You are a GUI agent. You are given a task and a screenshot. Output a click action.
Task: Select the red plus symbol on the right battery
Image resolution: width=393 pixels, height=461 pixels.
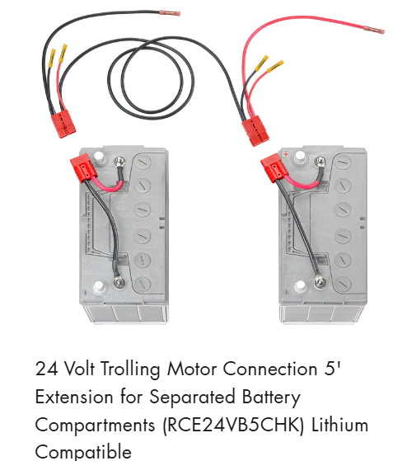286,153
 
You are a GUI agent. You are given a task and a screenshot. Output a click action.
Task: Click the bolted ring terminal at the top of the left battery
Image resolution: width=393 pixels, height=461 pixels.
119,161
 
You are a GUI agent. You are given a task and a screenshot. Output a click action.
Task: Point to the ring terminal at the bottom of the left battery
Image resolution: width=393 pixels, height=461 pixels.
119,282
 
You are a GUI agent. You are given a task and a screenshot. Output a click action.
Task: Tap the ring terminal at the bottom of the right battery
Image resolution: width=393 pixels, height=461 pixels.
320,282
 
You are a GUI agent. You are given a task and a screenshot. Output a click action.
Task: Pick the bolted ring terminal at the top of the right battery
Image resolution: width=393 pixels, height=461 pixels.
320,161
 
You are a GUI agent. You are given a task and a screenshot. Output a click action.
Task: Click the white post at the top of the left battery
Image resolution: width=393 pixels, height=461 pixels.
98,156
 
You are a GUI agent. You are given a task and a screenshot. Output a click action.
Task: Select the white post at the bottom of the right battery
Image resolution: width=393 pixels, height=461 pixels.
300,286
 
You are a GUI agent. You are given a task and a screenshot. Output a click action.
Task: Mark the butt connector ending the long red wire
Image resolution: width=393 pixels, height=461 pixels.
374,30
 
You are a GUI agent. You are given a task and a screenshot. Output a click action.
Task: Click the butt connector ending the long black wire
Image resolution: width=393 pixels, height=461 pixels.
170,13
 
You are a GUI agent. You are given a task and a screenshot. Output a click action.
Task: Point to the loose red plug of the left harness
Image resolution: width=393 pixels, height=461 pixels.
63,124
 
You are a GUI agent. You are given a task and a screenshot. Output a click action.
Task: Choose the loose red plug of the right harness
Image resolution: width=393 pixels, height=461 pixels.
255,130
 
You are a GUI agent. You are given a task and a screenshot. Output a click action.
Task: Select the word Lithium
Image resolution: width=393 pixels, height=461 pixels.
339,425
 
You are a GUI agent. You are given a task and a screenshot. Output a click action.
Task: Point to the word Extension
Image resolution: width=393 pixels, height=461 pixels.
74,397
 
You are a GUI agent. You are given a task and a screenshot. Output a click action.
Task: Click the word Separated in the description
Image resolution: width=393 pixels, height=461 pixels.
193,397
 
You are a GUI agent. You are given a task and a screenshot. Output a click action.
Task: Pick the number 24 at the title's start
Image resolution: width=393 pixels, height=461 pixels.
46,369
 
